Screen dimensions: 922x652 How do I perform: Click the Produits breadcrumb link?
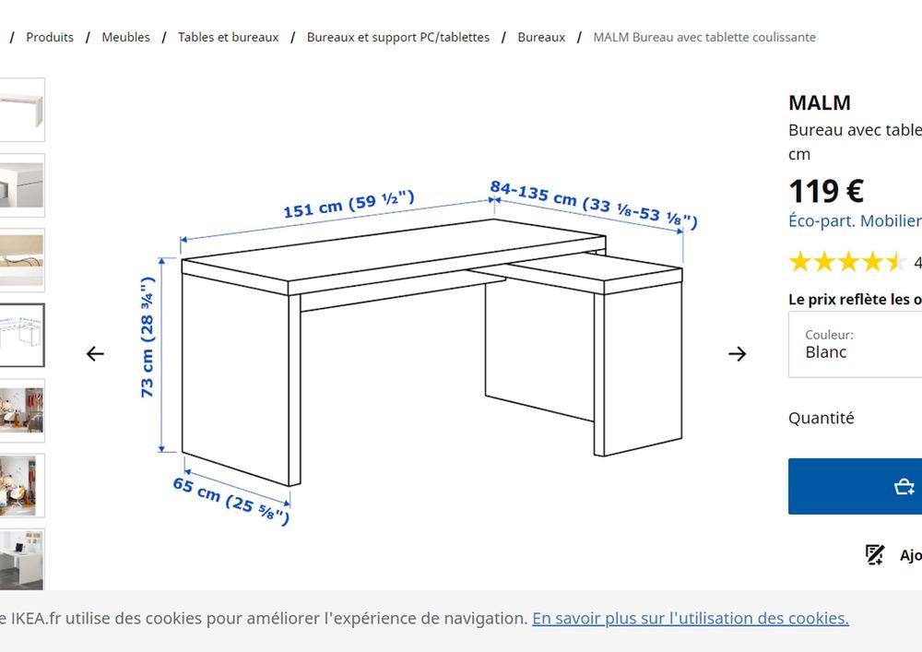coord(50,37)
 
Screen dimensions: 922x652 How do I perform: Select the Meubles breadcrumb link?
coord(125,37)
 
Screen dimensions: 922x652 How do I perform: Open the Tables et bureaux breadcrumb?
coord(228,37)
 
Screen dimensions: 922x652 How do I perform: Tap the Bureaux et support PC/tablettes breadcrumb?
coord(398,37)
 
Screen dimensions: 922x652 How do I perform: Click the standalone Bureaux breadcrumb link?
coord(541,37)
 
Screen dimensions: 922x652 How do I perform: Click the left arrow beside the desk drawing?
coord(95,353)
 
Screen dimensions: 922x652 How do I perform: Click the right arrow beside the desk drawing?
coord(737,353)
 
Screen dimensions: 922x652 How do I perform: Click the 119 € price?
coord(826,191)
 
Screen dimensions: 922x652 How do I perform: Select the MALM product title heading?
coord(819,103)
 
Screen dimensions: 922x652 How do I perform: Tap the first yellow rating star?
coord(800,262)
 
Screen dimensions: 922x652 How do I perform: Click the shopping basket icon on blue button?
coord(904,487)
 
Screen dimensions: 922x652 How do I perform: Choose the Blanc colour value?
coord(825,352)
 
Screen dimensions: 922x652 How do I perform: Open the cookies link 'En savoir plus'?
coord(691,619)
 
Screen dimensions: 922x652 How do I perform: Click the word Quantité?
coord(821,418)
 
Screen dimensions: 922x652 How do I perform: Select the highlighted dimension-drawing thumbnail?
coord(21,335)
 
